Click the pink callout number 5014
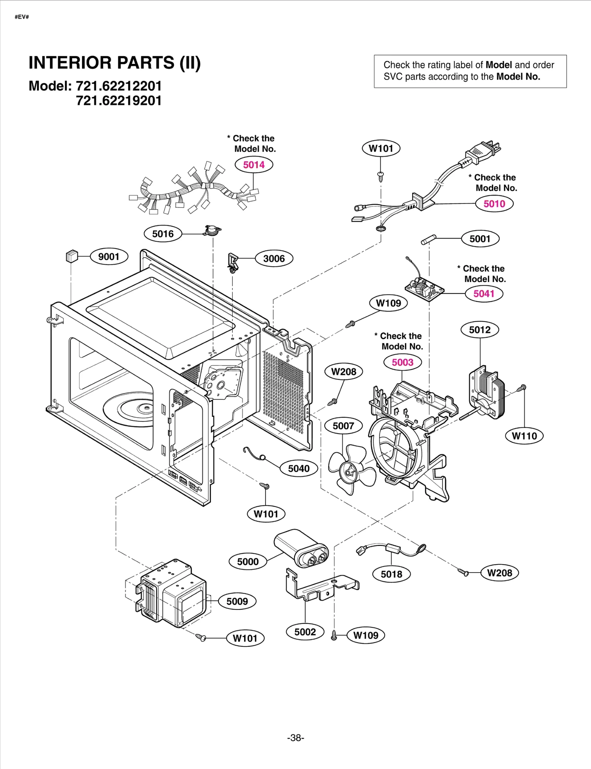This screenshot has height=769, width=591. click(x=254, y=165)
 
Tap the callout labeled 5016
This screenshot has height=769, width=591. click(x=163, y=234)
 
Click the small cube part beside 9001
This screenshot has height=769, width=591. click(x=72, y=256)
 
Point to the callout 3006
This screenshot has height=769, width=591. click(x=274, y=258)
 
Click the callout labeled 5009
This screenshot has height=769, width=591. click(x=237, y=601)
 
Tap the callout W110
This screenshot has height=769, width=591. click(x=524, y=436)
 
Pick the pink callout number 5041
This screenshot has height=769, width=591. click(x=484, y=293)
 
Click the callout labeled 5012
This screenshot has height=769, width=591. click(x=479, y=330)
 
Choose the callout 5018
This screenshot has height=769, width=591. click(x=391, y=574)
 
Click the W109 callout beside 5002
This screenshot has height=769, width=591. click(x=365, y=635)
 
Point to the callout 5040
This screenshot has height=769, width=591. click(x=298, y=468)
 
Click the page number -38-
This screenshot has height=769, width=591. click(x=295, y=738)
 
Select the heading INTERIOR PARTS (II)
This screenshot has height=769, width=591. click(x=115, y=63)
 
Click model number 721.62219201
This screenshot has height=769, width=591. click(x=119, y=101)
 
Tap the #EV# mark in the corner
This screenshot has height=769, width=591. click(x=22, y=17)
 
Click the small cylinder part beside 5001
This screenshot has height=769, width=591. click(x=428, y=240)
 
